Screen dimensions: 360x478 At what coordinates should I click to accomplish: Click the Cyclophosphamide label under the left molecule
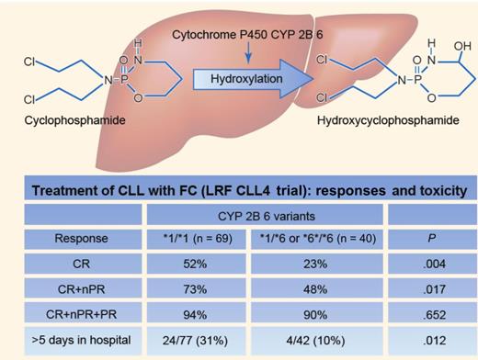pos(54,119)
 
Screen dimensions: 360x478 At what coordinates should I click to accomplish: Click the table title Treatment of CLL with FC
pos(239,192)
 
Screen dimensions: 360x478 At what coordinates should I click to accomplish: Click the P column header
pos(426,241)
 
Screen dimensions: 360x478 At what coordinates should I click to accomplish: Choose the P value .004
pos(426,265)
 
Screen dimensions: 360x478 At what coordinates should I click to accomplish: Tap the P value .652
pos(426,315)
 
